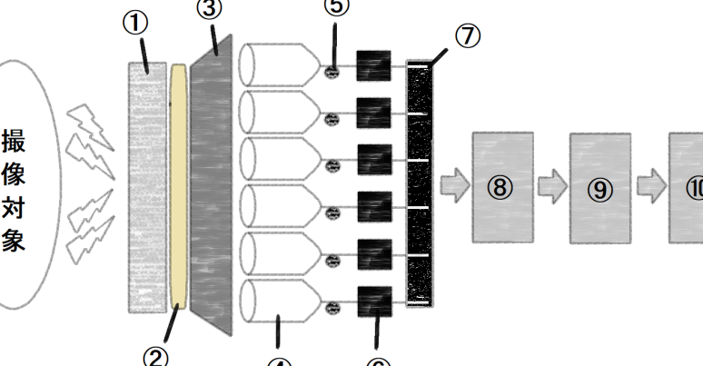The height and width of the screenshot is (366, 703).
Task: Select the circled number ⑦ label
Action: point(467,39)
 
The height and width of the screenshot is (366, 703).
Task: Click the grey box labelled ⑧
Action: point(502,186)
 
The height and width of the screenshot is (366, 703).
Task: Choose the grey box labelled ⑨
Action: point(599,188)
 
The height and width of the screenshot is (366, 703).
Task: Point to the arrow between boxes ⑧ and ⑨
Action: point(551,186)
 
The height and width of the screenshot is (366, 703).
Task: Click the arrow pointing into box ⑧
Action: point(452,185)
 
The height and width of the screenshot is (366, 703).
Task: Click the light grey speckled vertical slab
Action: point(147,186)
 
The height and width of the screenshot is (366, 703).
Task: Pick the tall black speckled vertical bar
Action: point(420,182)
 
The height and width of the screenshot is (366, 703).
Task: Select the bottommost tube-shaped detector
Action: point(279,302)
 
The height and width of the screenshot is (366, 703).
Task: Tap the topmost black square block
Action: point(373,65)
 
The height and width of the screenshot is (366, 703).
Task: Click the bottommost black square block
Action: point(374,301)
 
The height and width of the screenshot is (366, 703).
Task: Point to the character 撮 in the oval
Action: point(14,143)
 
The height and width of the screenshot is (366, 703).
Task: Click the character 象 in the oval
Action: point(14,242)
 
